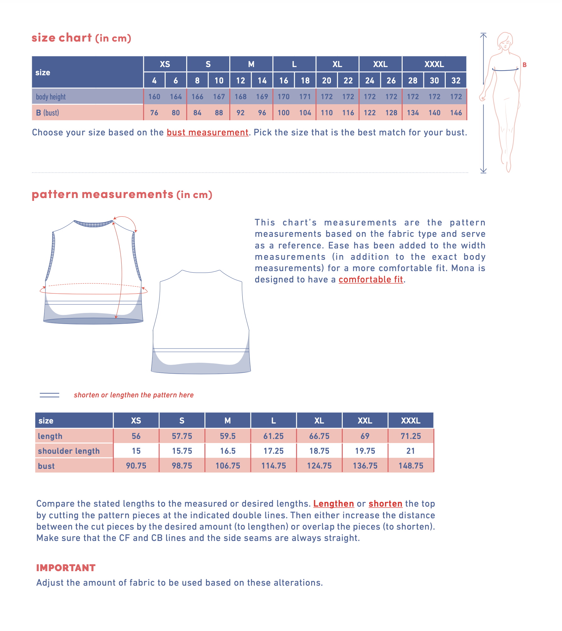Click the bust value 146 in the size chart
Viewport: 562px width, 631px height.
point(456,113)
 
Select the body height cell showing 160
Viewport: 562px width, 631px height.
point(154,97)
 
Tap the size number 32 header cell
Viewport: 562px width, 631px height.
point(456,81)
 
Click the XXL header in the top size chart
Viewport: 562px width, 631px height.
point(380,64)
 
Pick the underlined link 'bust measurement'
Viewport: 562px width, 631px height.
point(207,133)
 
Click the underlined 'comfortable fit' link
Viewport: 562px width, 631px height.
point(371,280)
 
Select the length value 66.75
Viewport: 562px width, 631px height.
point(319,436)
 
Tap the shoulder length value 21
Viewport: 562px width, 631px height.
point(410,451)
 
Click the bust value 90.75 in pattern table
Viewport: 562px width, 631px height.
point(136,466)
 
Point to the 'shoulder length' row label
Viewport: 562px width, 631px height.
point(69,451)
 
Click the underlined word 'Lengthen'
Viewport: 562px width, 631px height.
point(333,504)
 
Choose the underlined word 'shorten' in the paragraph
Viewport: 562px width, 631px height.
point(385,504)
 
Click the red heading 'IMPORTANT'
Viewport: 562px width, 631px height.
point(66,568)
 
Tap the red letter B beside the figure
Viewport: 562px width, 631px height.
point(525,65)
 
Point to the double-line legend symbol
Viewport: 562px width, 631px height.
point(49,395)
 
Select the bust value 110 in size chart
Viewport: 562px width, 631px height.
point(327,113)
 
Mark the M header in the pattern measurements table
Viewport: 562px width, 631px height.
point(227,421)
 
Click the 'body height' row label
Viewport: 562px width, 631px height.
point(51,97)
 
